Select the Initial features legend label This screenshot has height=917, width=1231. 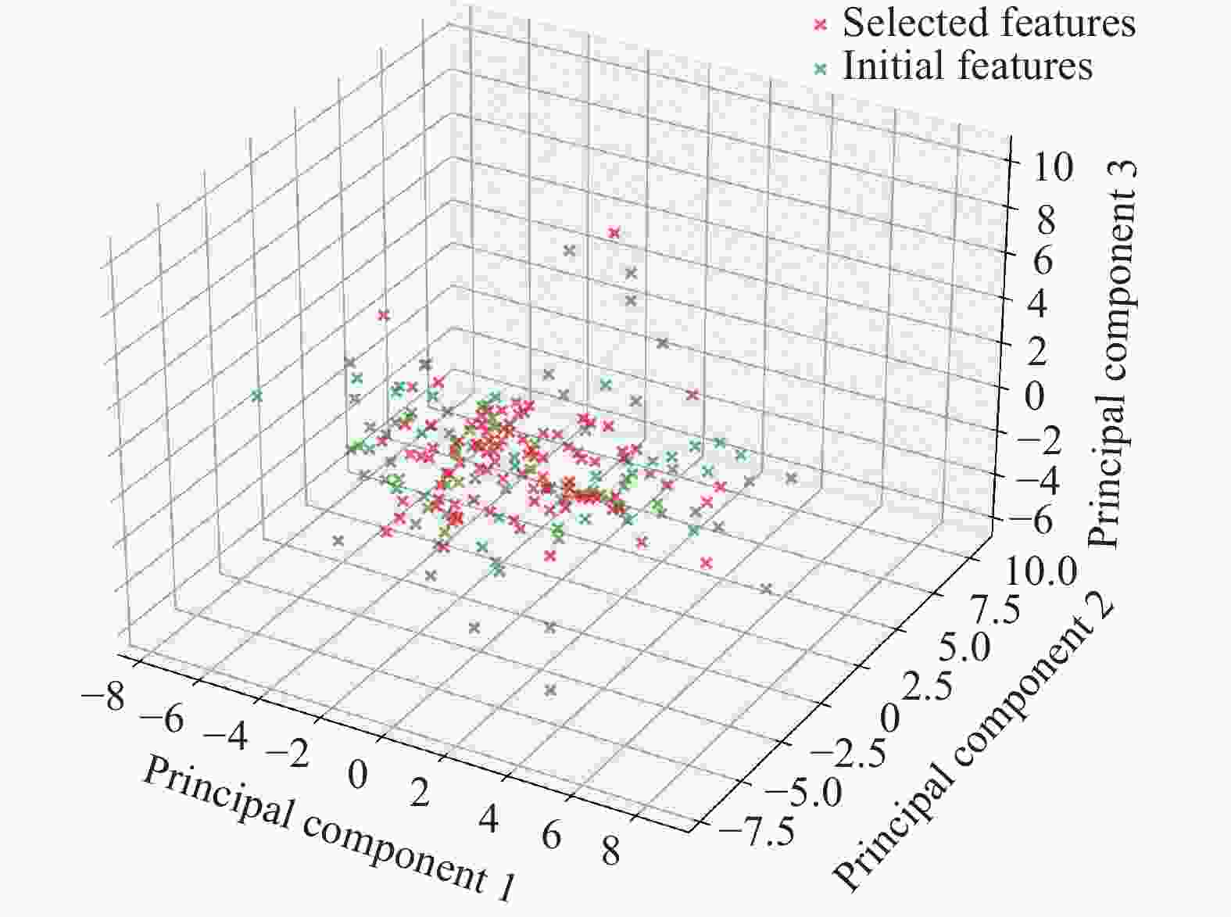tap(967, 66)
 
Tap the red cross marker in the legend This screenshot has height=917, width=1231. tap(819, 25)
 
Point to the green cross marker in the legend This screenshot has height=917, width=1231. tap(819, 68)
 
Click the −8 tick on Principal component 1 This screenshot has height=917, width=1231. tap(102, 697)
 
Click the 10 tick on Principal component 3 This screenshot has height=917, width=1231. tap(1052, 167)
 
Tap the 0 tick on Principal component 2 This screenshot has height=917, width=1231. tap(890, 715)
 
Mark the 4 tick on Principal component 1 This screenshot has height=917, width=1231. tap(488, 817)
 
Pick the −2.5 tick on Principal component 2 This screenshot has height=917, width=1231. tap(849, 753)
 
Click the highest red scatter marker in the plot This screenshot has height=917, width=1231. tap(614, 232)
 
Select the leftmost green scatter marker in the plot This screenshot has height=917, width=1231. tap(256, 396)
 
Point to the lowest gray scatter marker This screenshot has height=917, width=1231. tap(550, 690)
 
